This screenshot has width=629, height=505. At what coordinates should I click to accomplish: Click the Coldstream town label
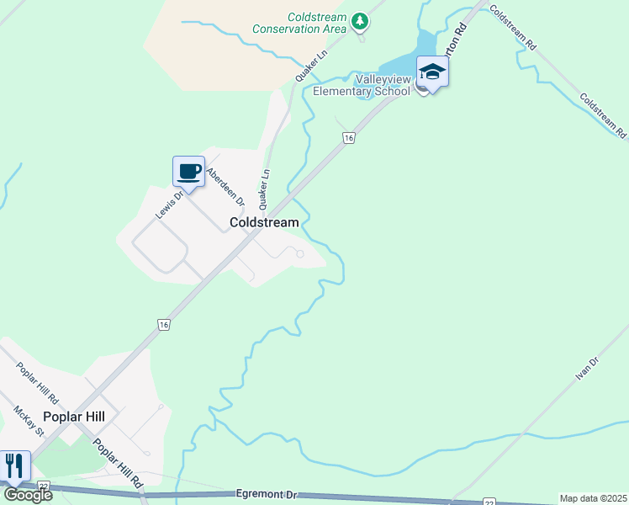coord(264,223)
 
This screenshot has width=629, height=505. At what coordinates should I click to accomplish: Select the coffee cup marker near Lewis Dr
coord(189,173)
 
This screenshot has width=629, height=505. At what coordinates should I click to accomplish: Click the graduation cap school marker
coord(432,73)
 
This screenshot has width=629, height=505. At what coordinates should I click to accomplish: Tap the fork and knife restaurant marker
coord(14,466)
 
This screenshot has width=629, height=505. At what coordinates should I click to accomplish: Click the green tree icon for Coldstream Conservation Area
coord(360,20)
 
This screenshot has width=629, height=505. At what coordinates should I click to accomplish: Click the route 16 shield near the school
coord(347,138)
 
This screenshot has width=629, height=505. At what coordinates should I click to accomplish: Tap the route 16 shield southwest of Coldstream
coord(163,324)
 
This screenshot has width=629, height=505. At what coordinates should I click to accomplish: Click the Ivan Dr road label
coord(587,369)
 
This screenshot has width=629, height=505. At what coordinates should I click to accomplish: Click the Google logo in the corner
coord(29,495)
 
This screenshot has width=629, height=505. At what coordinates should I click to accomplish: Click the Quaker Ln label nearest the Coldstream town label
coord(265,189)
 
